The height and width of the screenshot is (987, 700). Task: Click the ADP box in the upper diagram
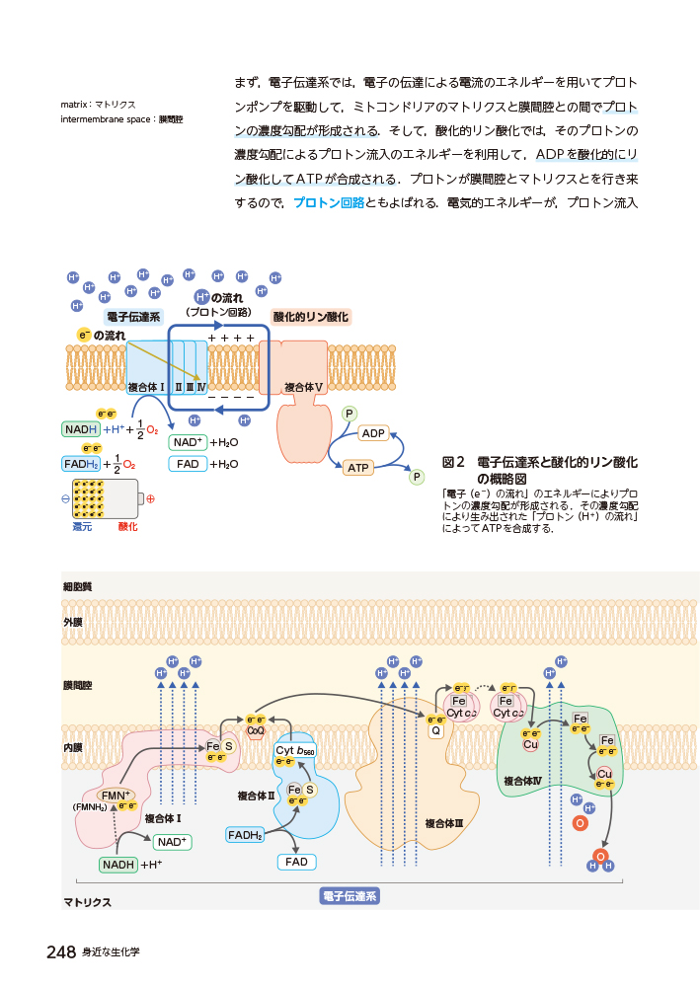coord(373,433)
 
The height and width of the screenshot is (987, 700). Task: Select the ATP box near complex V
coord(357,468)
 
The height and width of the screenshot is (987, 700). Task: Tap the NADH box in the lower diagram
coord(118,865)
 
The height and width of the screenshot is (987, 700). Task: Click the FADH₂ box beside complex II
coord(245,835)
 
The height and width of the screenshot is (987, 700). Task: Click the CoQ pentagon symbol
coord(256,731)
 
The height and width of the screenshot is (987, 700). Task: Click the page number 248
coord(61,952)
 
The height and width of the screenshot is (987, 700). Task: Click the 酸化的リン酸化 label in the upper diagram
coord(311,317)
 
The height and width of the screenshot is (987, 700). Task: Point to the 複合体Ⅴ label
coord(304,387)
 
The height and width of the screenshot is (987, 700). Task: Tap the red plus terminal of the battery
coord(150,498)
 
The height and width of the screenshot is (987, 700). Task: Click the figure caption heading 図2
coord(454,462)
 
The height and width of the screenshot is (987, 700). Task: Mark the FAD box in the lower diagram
coord(296,862)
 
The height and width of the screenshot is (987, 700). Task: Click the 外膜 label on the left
coord(73,623)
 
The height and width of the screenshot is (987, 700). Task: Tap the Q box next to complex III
coord(435,731)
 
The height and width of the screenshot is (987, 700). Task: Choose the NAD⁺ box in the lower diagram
coord(172,842)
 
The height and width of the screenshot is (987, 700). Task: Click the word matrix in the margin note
coord(74,104)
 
